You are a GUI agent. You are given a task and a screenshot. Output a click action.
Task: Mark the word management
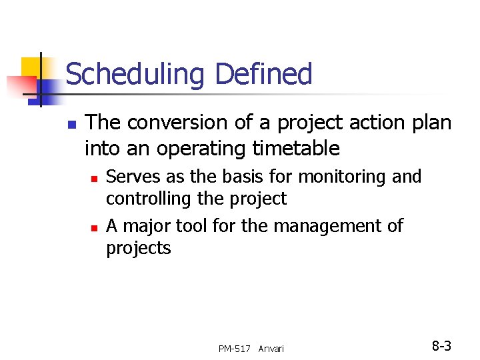pos(325,227)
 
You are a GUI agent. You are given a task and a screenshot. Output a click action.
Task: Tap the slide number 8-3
pos(441,346)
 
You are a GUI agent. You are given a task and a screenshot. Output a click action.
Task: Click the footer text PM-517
pos(235,349)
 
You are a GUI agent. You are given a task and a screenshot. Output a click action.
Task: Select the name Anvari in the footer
pos(271,349)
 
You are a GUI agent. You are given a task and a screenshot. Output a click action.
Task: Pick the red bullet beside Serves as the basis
pos(95,179)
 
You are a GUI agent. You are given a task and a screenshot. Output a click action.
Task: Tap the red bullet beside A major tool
pos(95,228)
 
